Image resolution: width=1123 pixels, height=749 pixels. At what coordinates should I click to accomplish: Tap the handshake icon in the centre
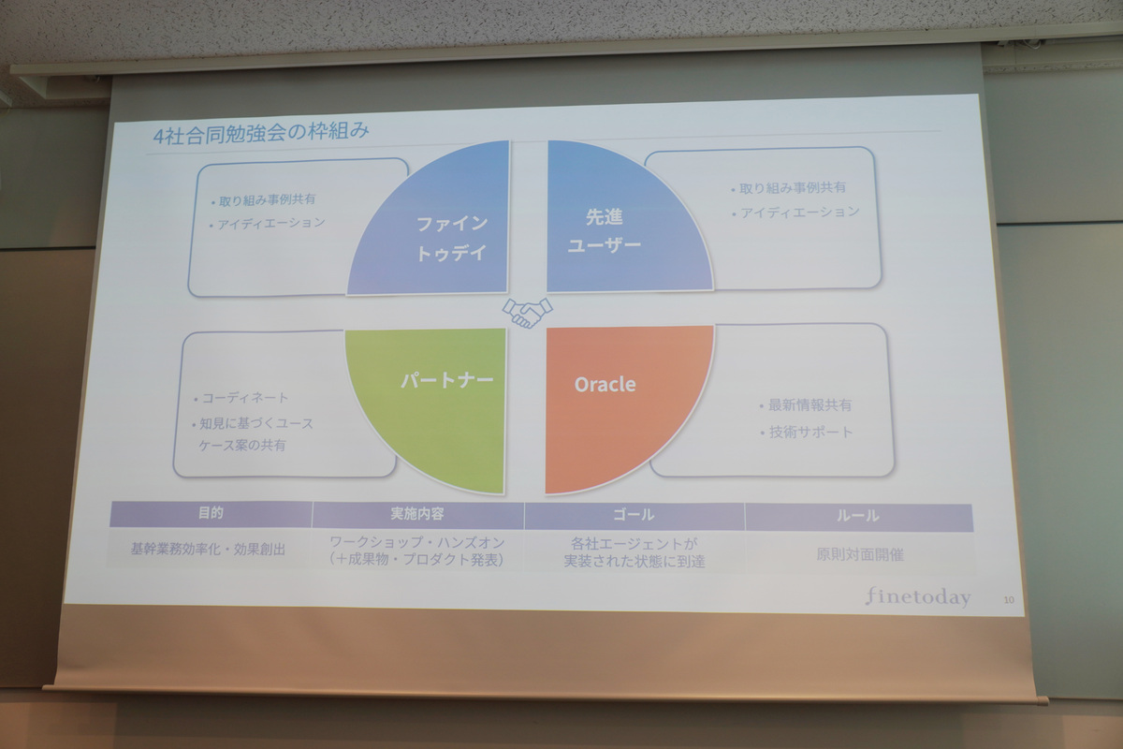coord(528,312)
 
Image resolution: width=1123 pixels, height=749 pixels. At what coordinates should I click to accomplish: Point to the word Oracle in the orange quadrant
coord(605,384)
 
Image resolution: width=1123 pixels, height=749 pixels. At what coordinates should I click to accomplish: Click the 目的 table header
coord(211,514)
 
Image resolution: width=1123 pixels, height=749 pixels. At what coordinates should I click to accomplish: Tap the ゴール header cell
coord(634,515)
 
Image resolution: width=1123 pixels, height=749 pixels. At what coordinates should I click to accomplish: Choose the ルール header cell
coord(857,516)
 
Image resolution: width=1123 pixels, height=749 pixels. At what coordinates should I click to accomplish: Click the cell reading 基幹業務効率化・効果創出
coord(208,550)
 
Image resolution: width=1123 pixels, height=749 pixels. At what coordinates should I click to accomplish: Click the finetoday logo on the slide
coord(917,596)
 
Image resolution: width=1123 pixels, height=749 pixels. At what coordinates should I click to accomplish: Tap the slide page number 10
coord(1007,598)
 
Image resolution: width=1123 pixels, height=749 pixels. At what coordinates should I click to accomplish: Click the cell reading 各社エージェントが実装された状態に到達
coord(634,551)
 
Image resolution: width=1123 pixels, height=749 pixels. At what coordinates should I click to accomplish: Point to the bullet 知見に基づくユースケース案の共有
coord(254,433)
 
